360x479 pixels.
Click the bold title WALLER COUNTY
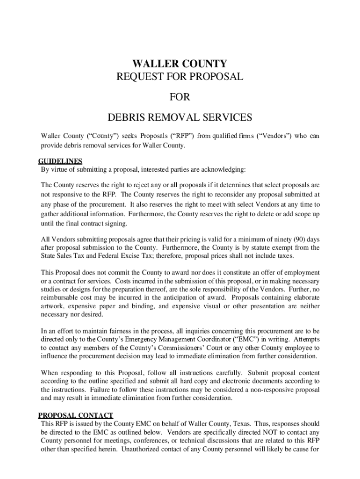pyautogui.click(x=180, y=64)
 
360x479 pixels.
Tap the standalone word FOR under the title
pyautogui.click(x=180, y=97)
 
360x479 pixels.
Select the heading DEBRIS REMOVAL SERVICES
pyautogui.click(x=180, y=117)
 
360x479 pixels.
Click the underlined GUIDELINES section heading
pyautogui.click(x=60, y=161)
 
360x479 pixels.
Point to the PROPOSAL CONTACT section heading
pyautogui.click(x=75, y=415)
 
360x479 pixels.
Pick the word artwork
pyautogui.click(x=53, y=306)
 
